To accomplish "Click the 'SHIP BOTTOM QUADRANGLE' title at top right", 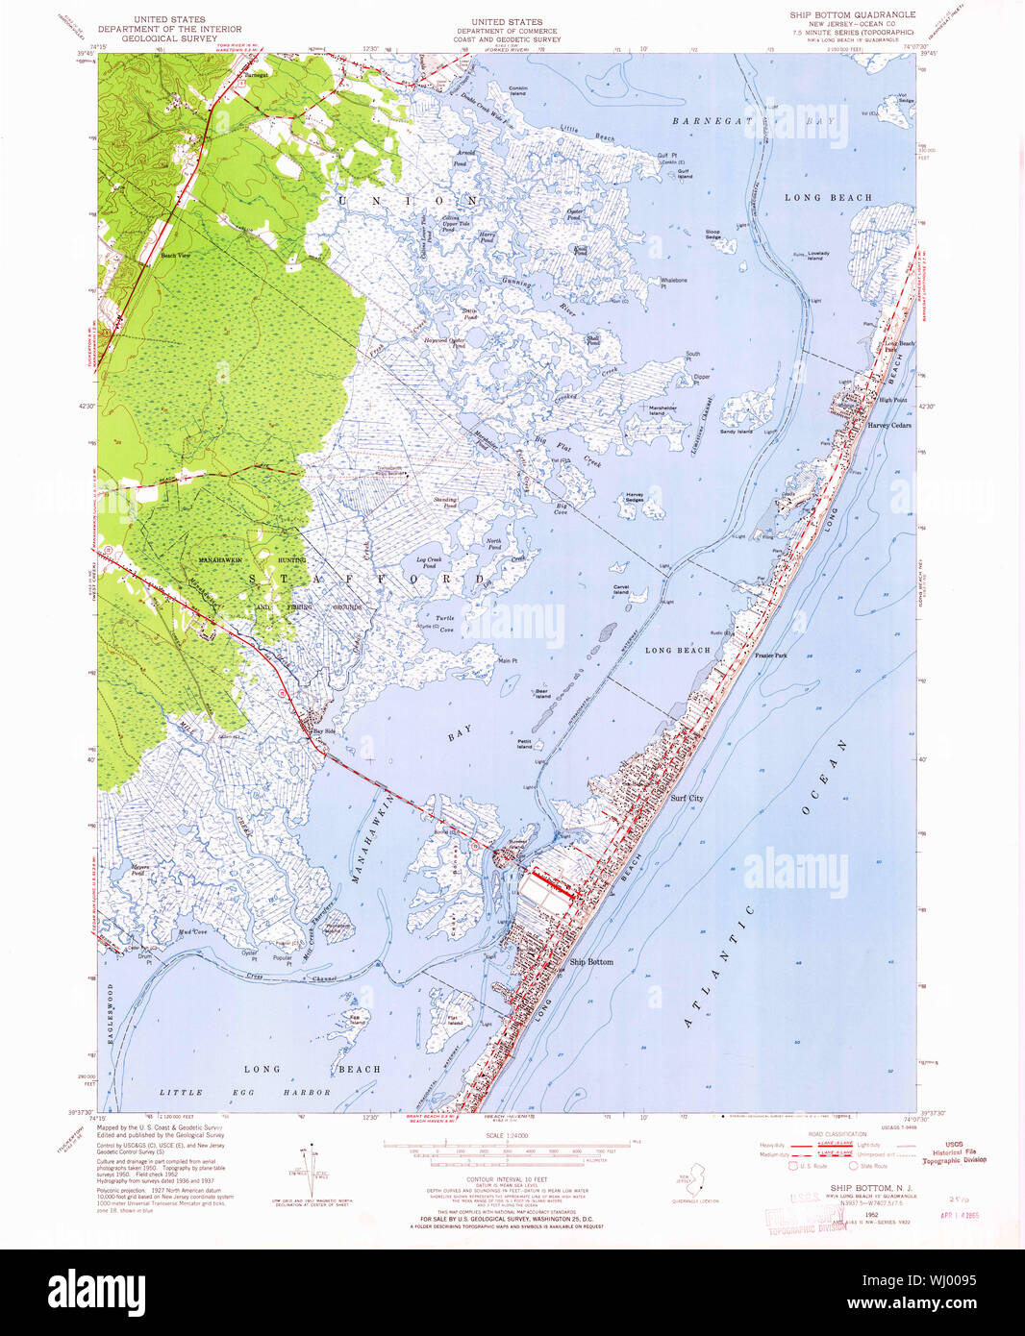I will point(852,15).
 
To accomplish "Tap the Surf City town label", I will point(686,798).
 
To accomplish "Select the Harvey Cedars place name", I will point(888,425).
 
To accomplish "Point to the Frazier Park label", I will point(770,656).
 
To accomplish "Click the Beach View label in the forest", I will point(175,256).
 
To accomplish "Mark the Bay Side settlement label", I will point(324,731).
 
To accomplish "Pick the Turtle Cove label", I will point(444,623).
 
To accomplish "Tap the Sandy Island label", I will point(736,432).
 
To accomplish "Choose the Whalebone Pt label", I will point(673,283).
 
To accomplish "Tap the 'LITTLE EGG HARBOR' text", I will point(244,1092).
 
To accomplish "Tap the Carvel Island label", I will point(620,590).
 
